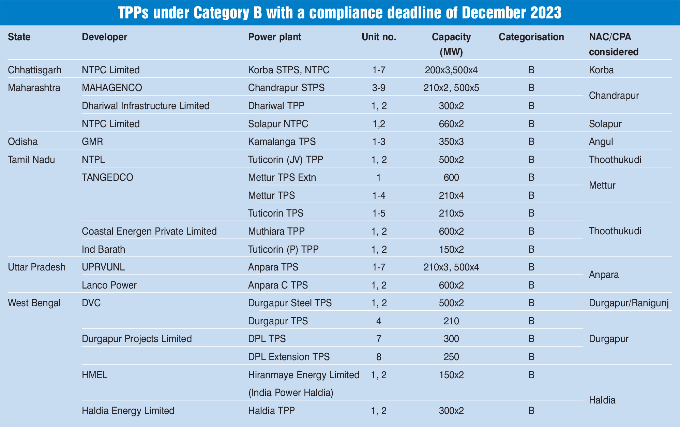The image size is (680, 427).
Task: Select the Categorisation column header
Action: tap(531, 37)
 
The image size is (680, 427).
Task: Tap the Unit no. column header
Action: tap(379, 37)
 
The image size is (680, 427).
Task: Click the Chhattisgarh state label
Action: tap(35, 70)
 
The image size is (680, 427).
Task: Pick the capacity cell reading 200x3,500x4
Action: tap(451, 70)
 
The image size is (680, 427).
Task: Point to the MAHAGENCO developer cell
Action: tap(112, 88)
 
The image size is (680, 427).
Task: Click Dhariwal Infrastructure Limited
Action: tap(146, 106)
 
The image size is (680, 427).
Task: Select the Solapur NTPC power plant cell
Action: tap(278, 124)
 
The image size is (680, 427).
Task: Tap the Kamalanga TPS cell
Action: tap(282, 142)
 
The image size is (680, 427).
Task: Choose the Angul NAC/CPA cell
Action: tap(601, 142)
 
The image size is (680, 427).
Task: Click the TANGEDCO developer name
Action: tap(107, 177)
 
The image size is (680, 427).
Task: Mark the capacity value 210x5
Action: tap(451, 213)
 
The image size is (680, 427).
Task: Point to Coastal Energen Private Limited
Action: tap(149, 232)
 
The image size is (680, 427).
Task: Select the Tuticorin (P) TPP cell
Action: tap(283, 250)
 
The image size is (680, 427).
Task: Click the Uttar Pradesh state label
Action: tap(37, 267)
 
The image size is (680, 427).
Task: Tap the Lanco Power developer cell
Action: tap(109, 285)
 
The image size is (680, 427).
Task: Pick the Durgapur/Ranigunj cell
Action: tap(629, 303)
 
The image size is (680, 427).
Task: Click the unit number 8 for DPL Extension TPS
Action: tap(379, 357)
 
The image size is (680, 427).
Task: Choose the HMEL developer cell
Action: tap(94, 375)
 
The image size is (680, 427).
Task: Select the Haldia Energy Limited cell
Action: tap(128, 411)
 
